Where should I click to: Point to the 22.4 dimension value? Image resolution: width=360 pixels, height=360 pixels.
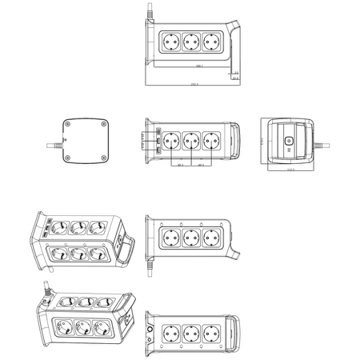[x=235, y=78]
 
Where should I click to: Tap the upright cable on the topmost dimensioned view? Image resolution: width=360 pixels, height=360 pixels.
[x=148, y=14]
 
